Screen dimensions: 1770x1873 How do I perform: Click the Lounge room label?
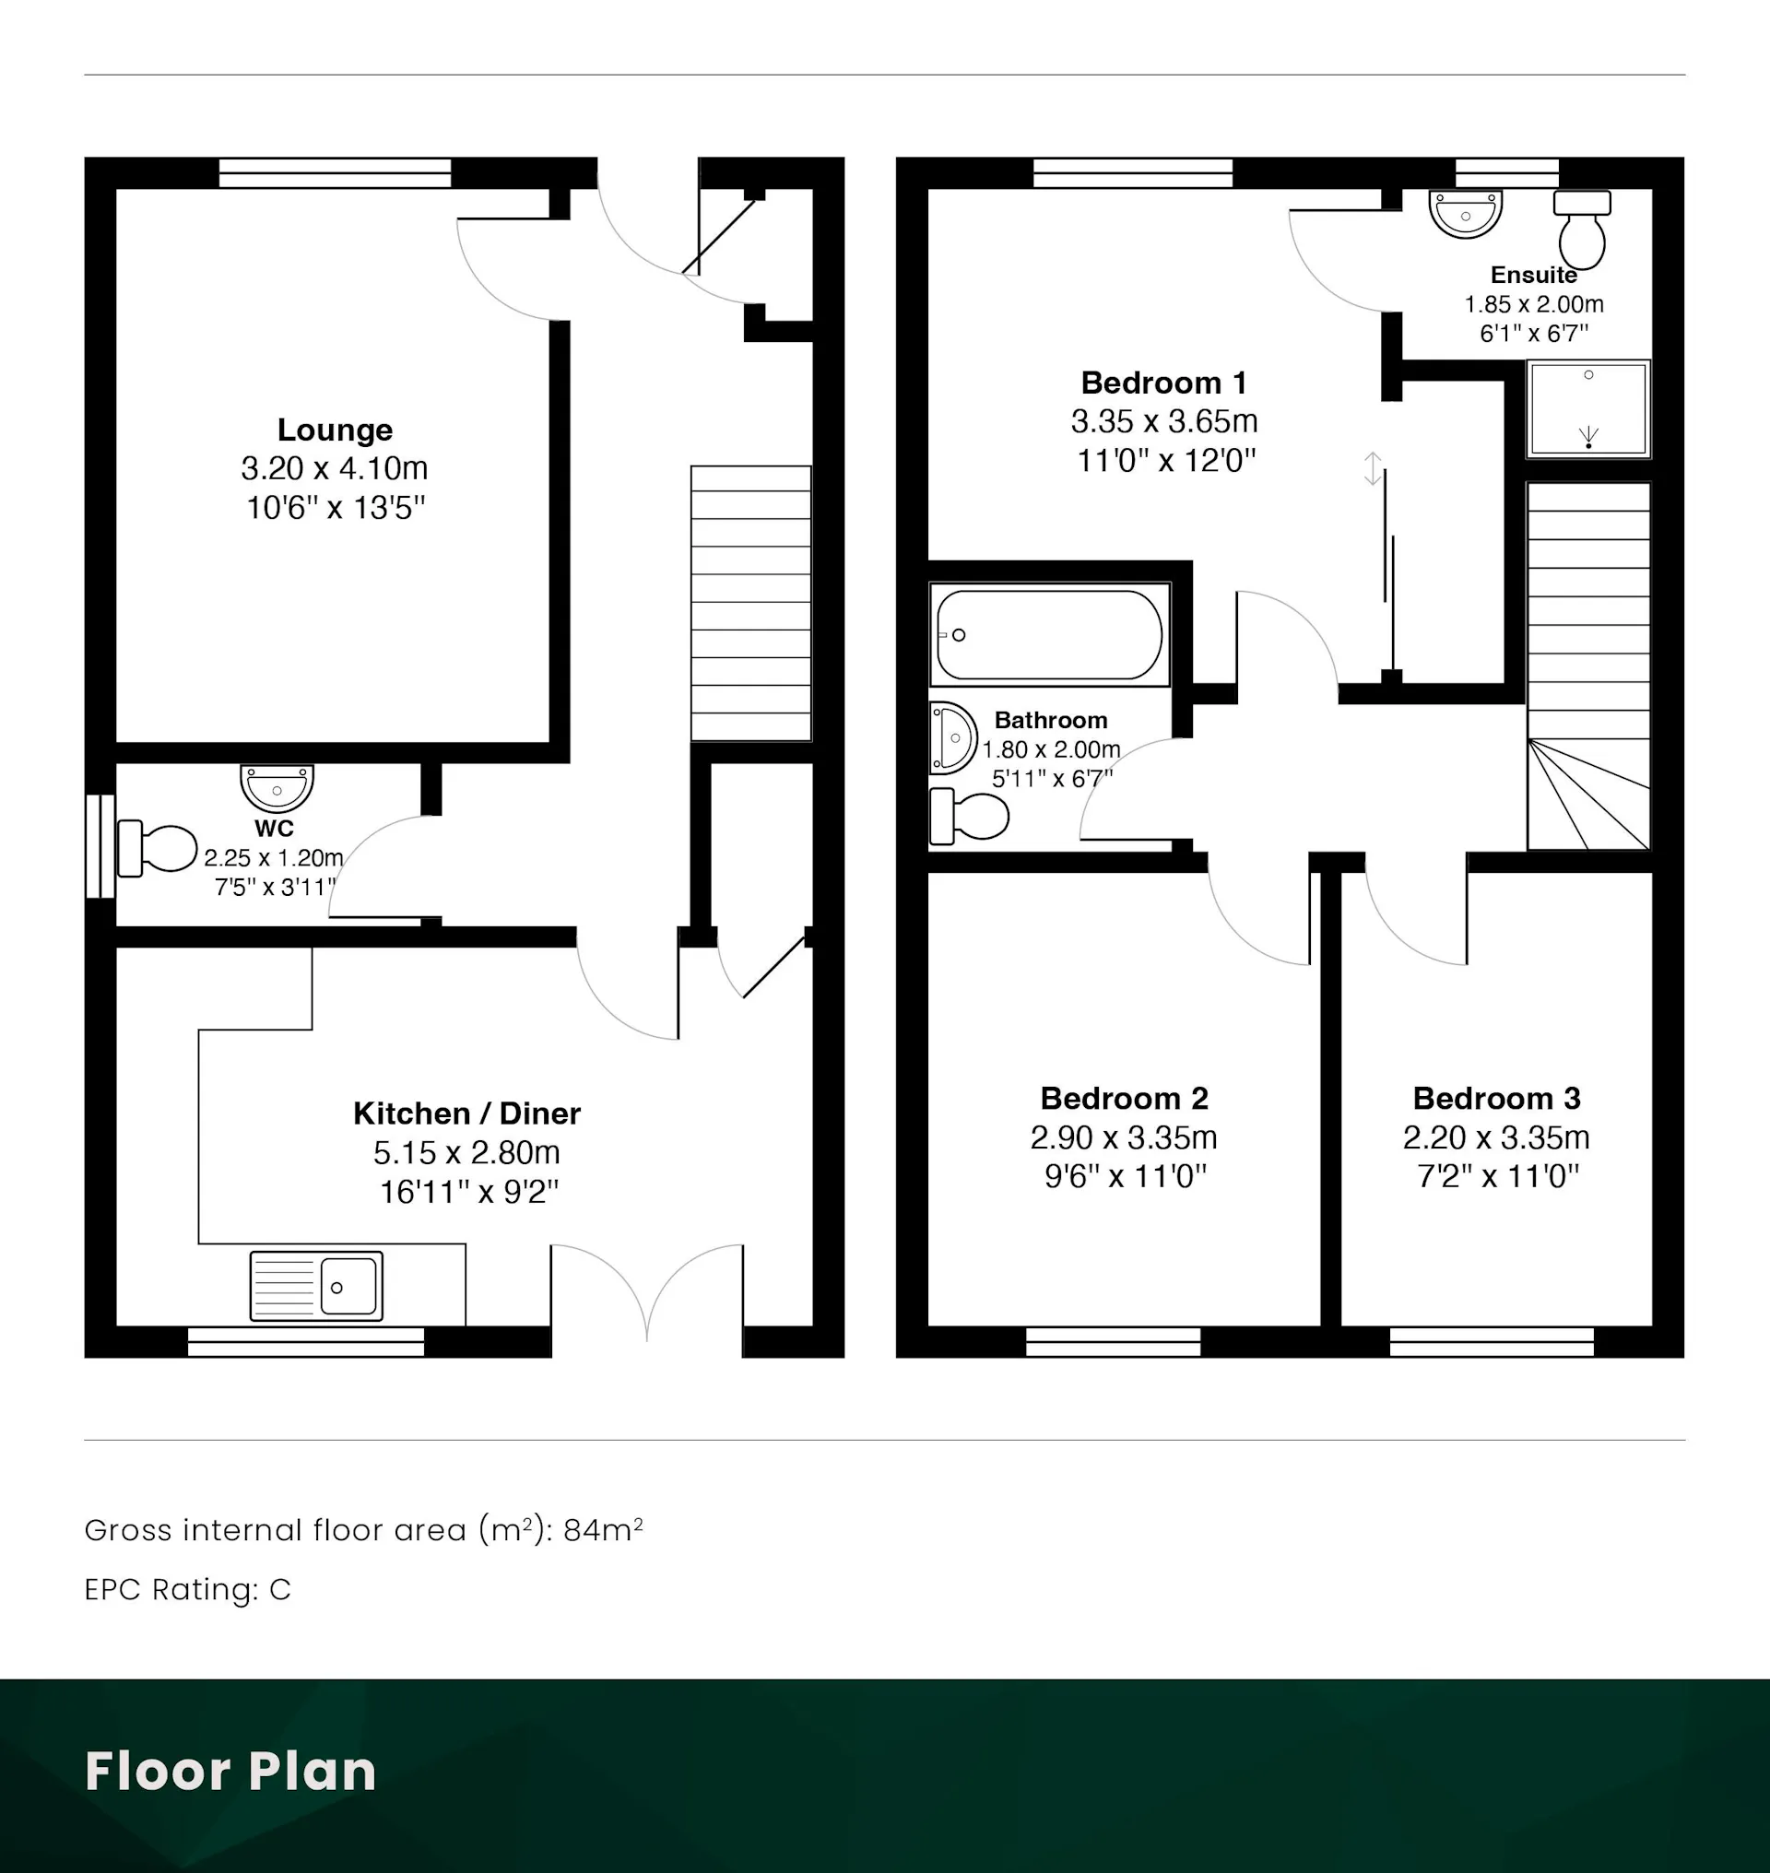(x=335, y=430)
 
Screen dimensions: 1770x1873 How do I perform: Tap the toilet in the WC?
(x=157, y=848)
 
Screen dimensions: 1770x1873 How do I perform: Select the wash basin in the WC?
(x=277, y=788)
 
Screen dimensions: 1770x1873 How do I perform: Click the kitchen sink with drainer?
(x=316, y=1285)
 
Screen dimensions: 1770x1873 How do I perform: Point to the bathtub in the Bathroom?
(x=1049, y=634)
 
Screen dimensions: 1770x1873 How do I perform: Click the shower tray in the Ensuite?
(x=1588, y=408)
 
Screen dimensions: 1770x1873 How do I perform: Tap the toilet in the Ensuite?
(x=1582, y=229)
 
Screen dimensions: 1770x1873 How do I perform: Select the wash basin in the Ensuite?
(x=1465, y=213)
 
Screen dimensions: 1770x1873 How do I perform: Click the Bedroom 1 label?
(x=1164, y=383)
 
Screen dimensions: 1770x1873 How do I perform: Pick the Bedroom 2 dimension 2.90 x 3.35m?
(x=1124, y=1138)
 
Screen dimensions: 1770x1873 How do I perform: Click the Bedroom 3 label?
(x=1496, y=1099)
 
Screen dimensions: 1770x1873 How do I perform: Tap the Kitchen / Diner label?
(x=467, y=1113)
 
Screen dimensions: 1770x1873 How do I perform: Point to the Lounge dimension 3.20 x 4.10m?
(x=335, y=468)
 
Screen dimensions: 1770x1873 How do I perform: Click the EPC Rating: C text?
(x=188, y=1590)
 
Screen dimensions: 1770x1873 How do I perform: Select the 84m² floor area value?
(x=603, y=1529)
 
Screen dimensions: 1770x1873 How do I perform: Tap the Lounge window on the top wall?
(x=335, y=172)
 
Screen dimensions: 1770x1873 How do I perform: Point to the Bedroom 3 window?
(x=1492, y=1342)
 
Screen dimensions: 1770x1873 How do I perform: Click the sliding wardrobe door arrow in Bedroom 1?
(x=1373, y=469)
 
